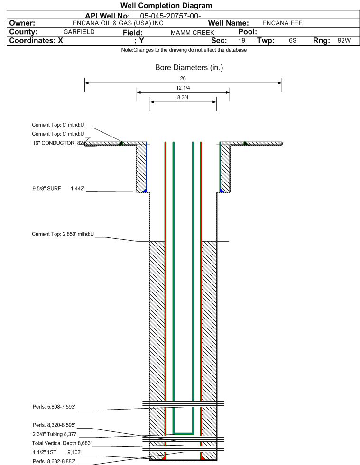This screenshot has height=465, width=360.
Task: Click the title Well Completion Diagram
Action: (166, 6)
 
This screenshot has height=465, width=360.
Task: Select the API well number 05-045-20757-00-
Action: (170, 16)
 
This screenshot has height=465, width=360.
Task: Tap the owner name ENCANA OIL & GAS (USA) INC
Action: (118, 23)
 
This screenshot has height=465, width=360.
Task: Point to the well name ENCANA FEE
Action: (282, 23)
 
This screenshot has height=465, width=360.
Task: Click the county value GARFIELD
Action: (79, 32)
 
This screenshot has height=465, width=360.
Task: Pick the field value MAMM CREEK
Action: (192, 33)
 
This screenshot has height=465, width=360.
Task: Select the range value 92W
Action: (344, 41)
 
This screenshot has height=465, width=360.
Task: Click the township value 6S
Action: (293, 41)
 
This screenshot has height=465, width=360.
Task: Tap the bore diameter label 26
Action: (183, 78)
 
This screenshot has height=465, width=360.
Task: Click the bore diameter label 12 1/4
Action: (183, 88)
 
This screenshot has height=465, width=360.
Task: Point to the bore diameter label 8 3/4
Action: (183, 97)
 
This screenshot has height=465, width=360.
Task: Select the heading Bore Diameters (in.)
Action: (189, 68)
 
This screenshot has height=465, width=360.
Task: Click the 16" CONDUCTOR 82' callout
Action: (58, 143)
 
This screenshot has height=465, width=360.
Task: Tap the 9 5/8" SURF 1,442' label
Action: (58, 188)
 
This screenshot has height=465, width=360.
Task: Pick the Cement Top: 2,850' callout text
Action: (63, 234)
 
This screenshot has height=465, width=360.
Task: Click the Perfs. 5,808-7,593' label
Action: (54, 407)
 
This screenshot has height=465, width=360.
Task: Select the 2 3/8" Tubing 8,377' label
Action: (55, 434)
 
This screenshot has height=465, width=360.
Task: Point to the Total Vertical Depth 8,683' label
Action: (62, 443)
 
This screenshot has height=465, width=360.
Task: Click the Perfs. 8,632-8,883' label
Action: (54, 461)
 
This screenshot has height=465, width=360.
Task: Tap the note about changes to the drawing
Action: (184, 50)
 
